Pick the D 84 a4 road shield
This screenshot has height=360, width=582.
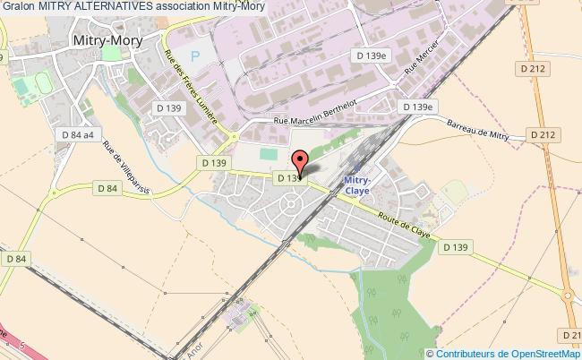78,134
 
